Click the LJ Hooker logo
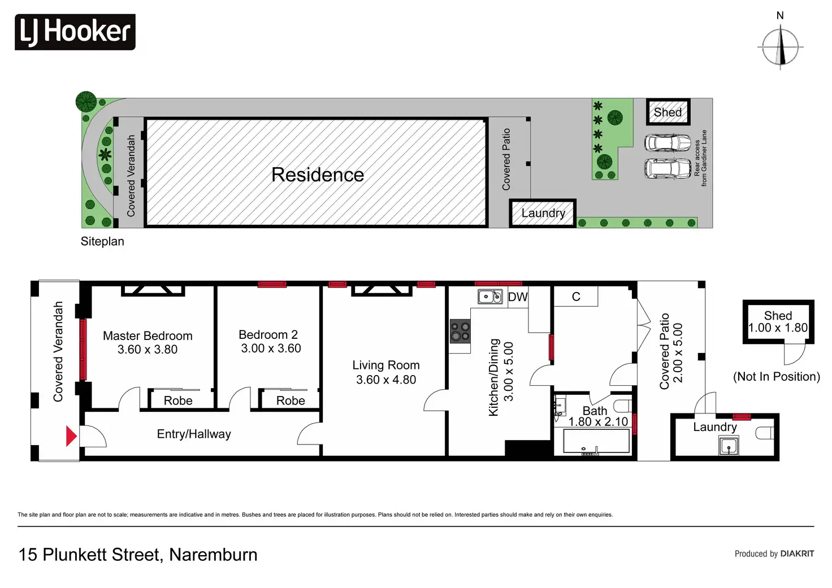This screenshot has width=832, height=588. click(75, 32)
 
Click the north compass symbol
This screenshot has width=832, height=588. click(780, 47)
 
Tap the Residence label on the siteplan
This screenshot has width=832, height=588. click(317, 175)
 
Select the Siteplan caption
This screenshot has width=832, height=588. click(102, 241)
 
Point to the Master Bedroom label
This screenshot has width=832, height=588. click(148, 336)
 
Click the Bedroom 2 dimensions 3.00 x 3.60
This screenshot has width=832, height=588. click(271, 349)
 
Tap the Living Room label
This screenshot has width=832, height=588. click(386, 365)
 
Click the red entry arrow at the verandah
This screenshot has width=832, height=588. click(71, 436)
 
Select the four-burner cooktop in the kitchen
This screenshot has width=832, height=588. click(460, 332)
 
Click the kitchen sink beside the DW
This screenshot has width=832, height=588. click(490, 296)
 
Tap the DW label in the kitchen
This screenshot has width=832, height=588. click(517, 297)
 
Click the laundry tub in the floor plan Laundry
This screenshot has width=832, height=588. click(729, 447)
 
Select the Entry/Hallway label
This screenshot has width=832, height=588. click(194, 434)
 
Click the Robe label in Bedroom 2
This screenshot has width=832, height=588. click(291, 400)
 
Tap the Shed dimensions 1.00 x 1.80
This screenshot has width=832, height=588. click(778, 328)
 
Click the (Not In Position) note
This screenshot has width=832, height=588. click(776, 377)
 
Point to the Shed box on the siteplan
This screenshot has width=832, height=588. click(668, 112)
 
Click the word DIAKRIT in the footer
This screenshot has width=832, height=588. click(797, 554)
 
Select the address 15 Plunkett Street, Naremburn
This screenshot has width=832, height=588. click(138, 555)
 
